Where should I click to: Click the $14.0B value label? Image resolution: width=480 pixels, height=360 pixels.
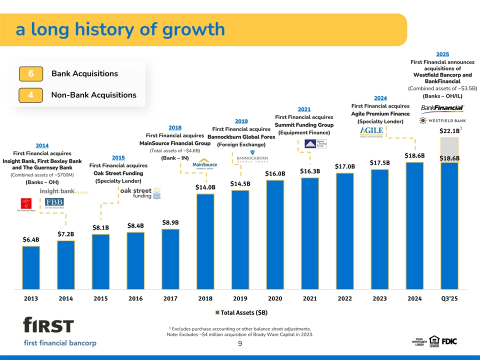click(205, 187)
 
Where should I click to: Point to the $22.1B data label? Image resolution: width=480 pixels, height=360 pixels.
click(449, 131)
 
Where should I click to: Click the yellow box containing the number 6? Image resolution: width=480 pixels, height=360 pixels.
click(30, 74)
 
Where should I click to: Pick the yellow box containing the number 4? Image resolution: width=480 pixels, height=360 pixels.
click(30, 95)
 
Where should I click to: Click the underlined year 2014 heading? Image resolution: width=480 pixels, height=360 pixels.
click(42, 145)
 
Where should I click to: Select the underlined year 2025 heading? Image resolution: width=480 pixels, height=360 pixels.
click(442, 54)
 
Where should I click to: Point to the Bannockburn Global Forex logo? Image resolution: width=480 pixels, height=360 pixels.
click(252, 157)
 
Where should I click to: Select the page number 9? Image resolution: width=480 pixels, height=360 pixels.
click(240, 343)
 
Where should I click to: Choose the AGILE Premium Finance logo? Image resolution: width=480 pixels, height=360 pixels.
click(371, 131)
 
